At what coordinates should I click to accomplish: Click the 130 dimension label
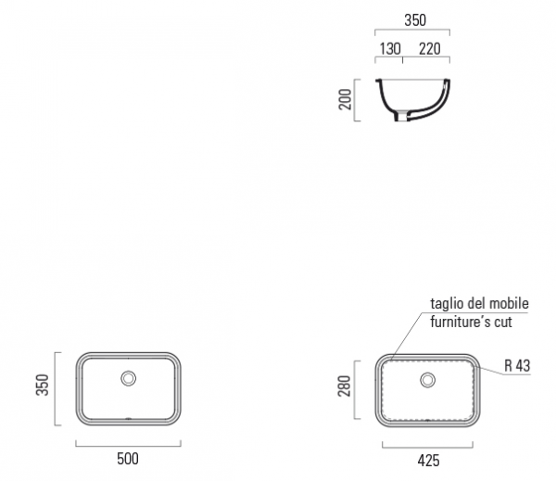click(390, 49)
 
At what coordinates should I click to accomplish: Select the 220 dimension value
click(430, 49)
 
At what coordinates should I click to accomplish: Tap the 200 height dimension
click(345, 100)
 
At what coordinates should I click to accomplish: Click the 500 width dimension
click(128, 459)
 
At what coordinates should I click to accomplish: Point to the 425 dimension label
click(428, 461)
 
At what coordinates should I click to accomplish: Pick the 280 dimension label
click(345, 386)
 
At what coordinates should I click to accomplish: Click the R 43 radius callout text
click(517, 366)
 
